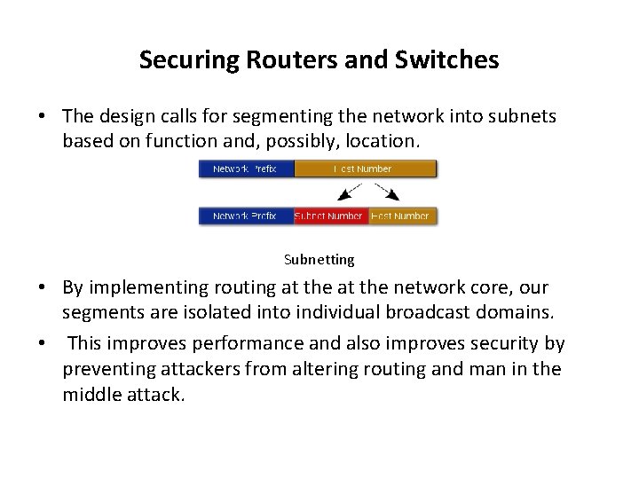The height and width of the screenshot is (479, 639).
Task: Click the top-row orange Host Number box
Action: coord(365,169)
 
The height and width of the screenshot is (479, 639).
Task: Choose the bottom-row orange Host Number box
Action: coord(402,216)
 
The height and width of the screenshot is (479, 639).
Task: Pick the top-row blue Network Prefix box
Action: coord(246,169)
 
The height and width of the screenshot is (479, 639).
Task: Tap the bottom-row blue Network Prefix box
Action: coord(246,216)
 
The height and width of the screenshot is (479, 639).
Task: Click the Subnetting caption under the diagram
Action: coord(319,260)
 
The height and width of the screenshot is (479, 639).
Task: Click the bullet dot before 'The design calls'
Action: coord(43,117)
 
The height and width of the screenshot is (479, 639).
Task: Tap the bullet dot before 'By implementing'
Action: coord(43,287)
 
